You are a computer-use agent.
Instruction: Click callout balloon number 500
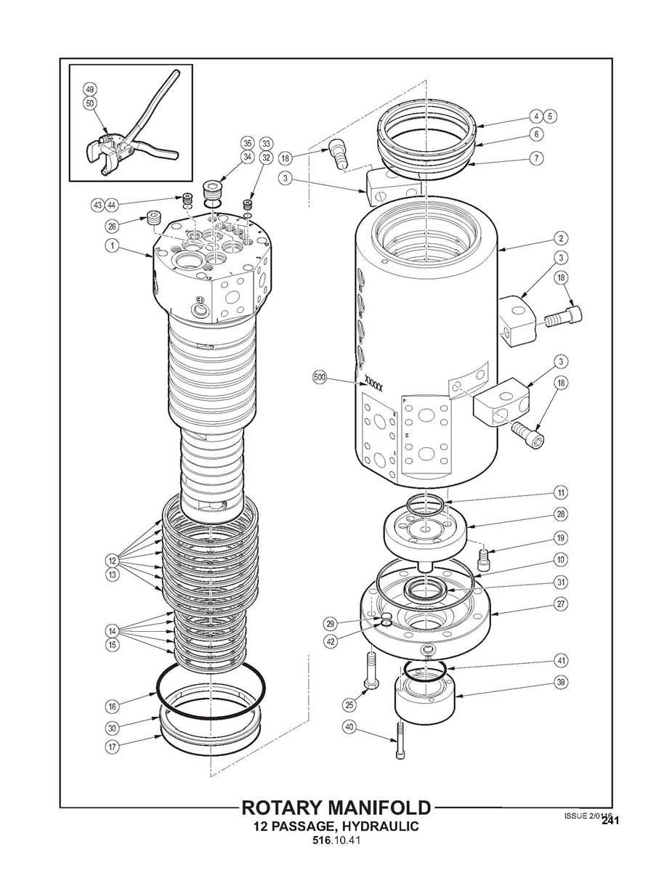(320, 378)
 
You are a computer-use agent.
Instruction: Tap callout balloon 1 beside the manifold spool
(111, 245)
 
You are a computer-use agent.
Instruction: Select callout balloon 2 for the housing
(561, 237)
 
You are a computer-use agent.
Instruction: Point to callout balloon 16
(111, 705)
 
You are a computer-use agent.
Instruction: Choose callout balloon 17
(111, 746)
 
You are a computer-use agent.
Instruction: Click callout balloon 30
(111, 728)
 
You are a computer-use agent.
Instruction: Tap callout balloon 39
(561, 682)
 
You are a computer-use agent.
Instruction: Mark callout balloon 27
(561, 603)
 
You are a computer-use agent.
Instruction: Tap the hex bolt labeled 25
(369, 672)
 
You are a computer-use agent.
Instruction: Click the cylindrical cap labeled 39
(423, 701)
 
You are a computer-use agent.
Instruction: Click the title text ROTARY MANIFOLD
(336, 808)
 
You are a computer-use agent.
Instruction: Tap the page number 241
(609, 821)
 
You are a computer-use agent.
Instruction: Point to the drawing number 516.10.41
(336, 842)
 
